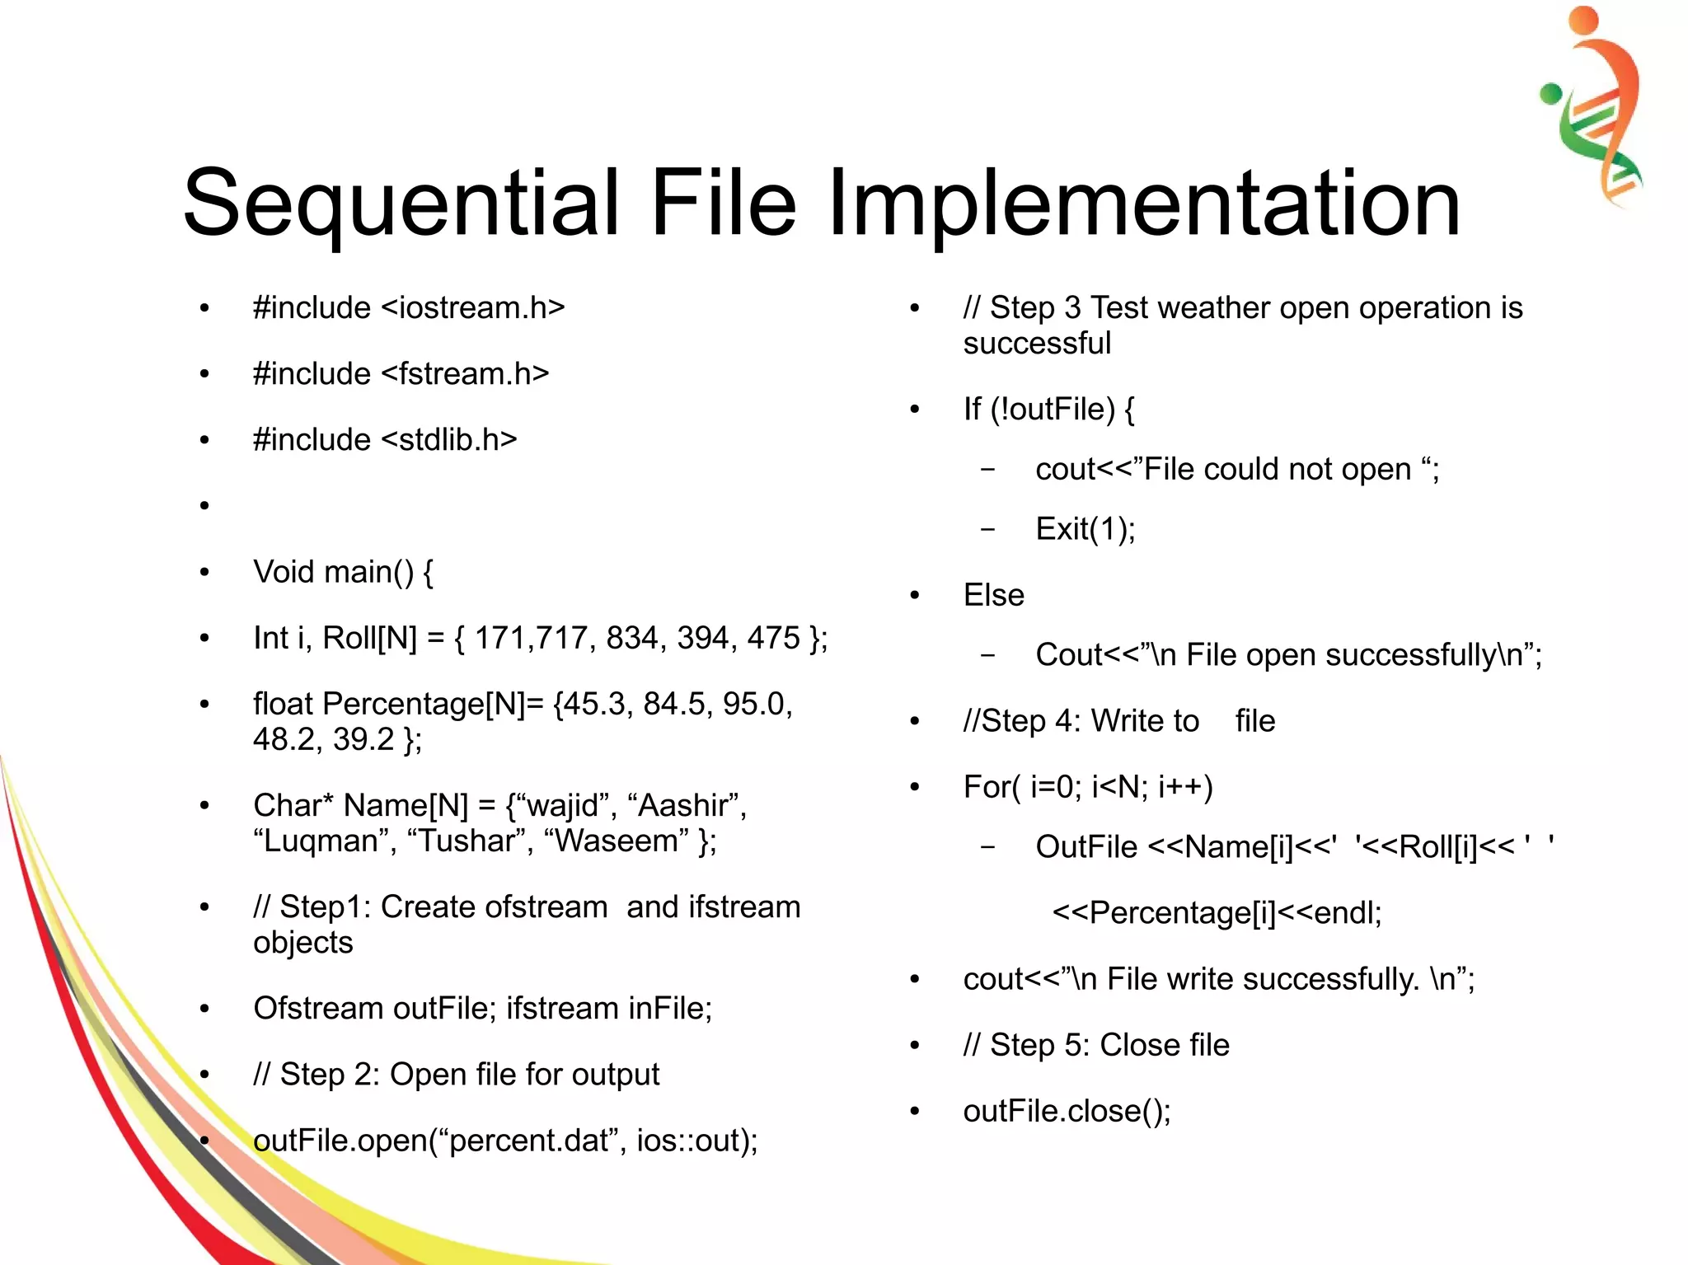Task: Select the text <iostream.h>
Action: point(473,308)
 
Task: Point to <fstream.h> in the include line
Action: point(465,374)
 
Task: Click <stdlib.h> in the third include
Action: point(449,440)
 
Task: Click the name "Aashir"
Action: point(687,805)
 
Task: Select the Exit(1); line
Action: point(1085,529)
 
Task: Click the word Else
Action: point(993,595)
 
